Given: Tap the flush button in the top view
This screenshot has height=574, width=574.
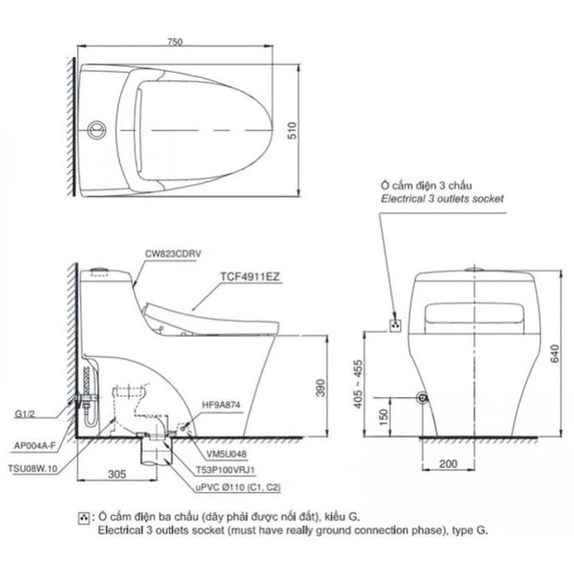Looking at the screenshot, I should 96,128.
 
